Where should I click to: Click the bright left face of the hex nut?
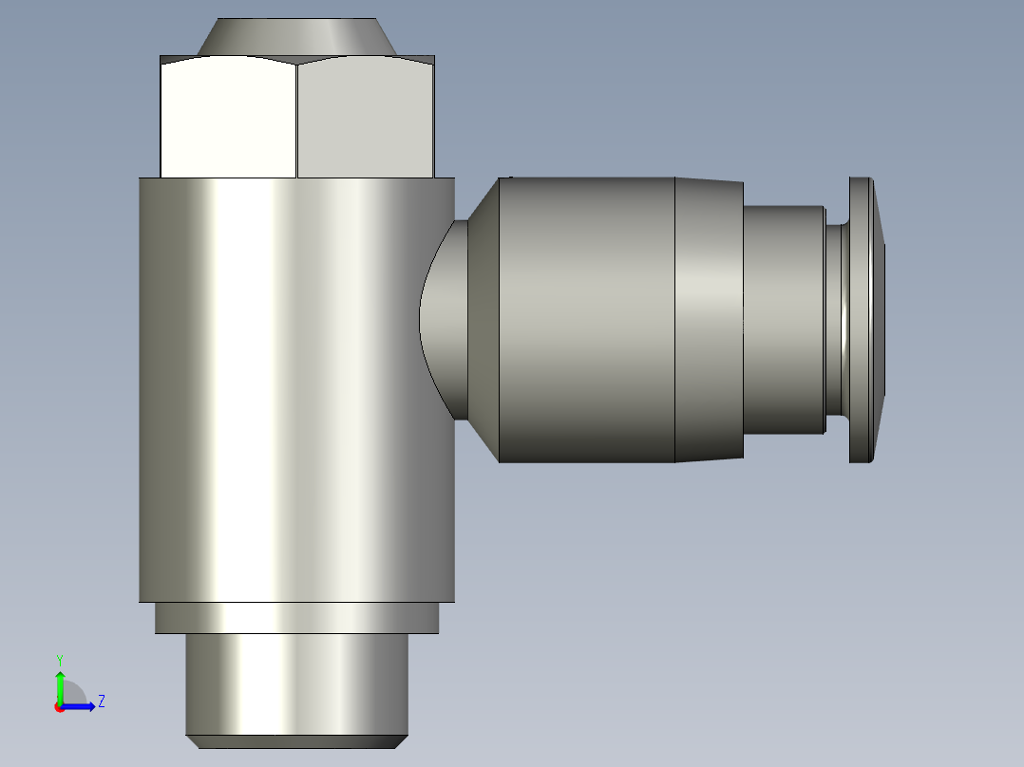click(x=229, y=118)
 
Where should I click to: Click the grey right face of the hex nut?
click(x=366, y=118)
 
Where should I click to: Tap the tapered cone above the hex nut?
click(x=296, y=37)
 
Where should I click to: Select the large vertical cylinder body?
click(x=296, y=390)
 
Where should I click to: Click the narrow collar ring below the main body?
click(x=296, y=618)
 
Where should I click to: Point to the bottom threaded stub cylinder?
click(x=296, y=684)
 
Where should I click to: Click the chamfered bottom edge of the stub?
click(x=296, y=741)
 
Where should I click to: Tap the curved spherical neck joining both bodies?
click(x=445, y=320)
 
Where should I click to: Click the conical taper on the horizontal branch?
click(x=484, y=320)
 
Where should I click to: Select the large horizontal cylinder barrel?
click(x=587, y=320)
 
